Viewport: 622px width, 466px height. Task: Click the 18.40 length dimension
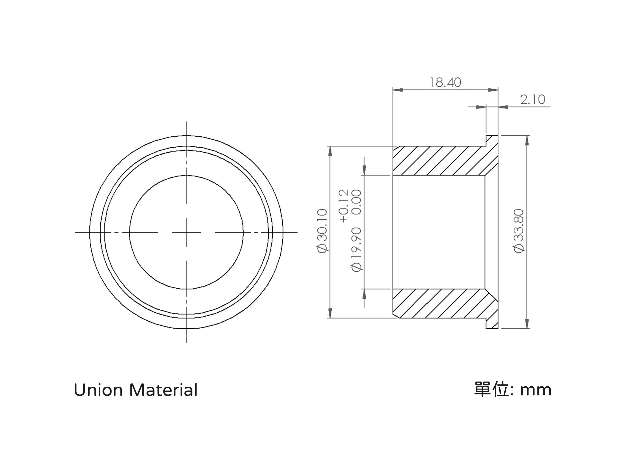click(x=445, y=82)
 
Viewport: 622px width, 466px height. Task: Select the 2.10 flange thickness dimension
click(x=532, y=100)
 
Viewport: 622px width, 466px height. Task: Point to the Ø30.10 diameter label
click(x=322, y=231)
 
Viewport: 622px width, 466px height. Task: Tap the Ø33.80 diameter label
click(x=519, y=231)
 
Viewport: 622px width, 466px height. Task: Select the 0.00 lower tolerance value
click(x=356, y=202)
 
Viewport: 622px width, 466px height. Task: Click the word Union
click(x=98, y=390)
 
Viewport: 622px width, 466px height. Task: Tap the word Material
click(x=163, y=390)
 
